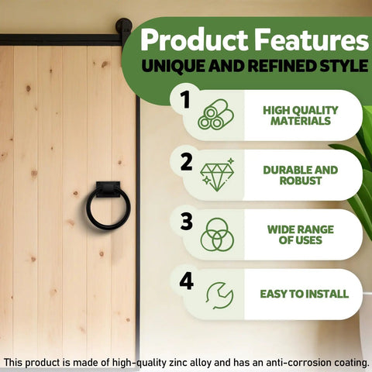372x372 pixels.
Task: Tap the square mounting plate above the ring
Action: [108, 189]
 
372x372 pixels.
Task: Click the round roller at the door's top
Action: [124, 26]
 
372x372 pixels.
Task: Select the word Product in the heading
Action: [194, 40]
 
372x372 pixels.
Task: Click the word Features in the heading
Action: [311, 40]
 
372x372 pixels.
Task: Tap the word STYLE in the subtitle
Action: [344, 65]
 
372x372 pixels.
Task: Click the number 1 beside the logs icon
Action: [185, 99]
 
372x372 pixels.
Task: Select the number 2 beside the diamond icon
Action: [186, 162]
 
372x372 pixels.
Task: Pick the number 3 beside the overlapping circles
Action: [187, 222]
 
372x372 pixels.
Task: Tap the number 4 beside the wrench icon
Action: [187, 281]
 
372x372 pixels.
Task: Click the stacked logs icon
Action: [216, 115]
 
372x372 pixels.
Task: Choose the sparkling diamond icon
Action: [217, 175]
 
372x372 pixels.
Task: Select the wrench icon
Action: [219, 295]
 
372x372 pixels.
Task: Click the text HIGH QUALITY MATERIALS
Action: [301, 115]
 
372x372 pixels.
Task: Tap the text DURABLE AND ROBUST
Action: [301, 175]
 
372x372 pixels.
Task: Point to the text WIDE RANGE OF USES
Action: [301, 235]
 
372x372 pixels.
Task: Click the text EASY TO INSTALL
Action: [305, 294]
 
